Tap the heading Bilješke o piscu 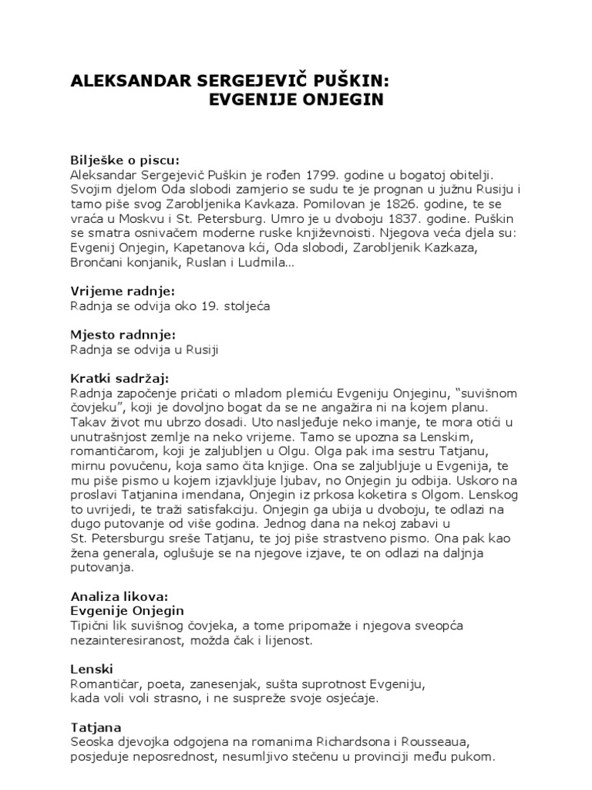[125, 160]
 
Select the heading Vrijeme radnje [123, 292]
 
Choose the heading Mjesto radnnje [123, 336]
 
